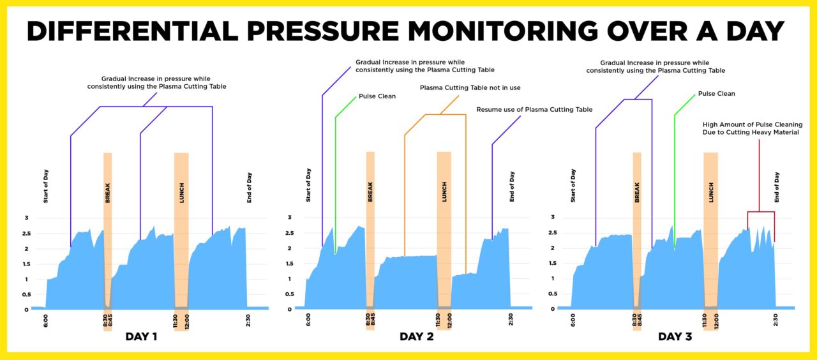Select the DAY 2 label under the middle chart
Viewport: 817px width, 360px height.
417,336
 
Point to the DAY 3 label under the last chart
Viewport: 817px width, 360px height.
675,336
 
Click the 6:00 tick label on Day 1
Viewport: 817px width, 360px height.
46,320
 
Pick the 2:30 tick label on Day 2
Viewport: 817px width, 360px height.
511,320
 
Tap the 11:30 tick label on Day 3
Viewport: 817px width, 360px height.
705,320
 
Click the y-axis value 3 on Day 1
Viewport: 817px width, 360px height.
26,218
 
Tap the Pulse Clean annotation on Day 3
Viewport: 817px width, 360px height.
716,94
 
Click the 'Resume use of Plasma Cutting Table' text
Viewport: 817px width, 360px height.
534,110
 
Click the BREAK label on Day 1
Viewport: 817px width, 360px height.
107,194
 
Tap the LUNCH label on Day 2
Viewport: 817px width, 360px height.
444,194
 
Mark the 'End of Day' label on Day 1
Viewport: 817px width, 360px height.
250,188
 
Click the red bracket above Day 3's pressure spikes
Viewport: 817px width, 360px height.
760,212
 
